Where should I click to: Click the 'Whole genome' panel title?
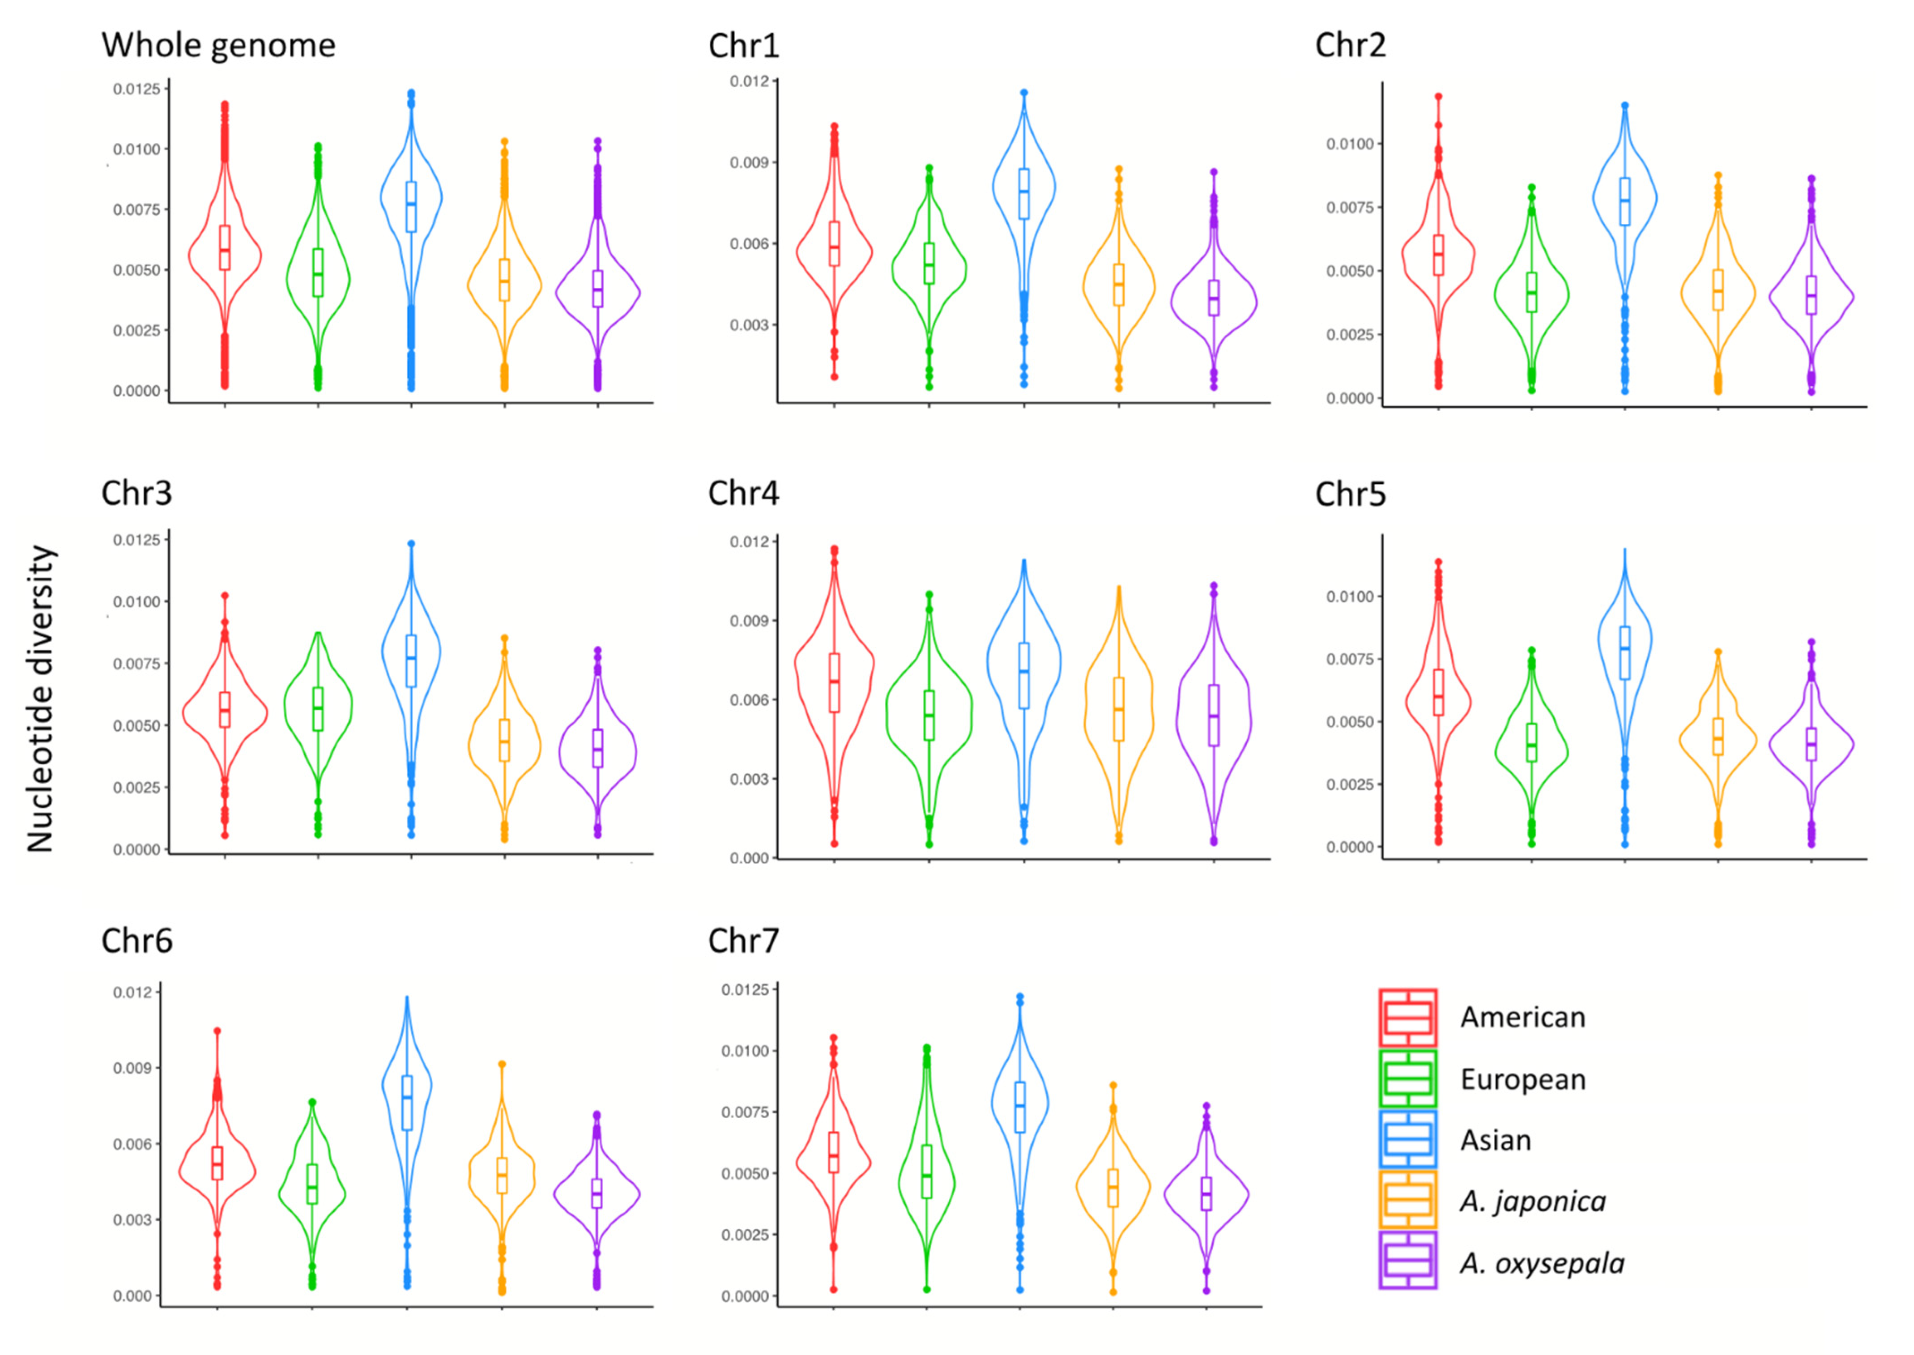tap(218, 45)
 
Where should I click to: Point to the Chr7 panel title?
tap(743, 940)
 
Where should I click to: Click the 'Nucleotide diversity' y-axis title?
tap(40, 699)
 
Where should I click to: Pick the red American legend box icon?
tap(1407, 1017)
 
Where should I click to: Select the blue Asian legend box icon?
tap(1407, 1139)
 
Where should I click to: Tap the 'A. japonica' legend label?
tap(1532, 1201)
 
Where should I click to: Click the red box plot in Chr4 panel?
tap(834, 682)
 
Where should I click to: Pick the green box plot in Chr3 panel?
tap(318, 708)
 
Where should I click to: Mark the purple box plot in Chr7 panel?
tap(1206, 1193)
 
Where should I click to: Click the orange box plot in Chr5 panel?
tap(1718, 737)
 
